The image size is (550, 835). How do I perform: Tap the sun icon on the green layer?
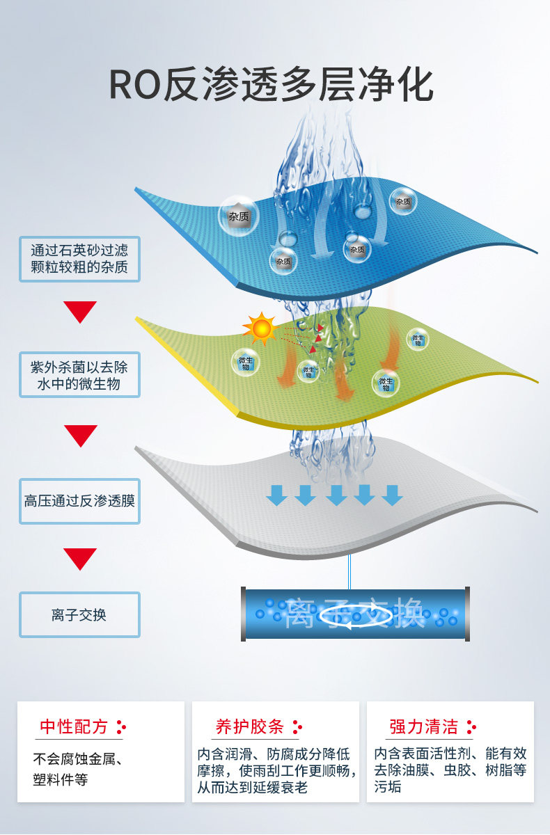(261, 328)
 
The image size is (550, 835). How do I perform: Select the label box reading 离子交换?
(79, 614)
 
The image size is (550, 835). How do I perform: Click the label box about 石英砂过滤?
(79, 258)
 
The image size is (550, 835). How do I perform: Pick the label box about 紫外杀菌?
(79, 375)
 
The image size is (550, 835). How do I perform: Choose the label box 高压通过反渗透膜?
(79, 500)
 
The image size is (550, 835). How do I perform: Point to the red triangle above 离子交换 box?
(80, 557)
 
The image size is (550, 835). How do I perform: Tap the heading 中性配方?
(74, 727)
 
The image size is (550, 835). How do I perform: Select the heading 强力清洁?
(424, 727)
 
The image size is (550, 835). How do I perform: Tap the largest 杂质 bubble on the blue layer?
(239, 216)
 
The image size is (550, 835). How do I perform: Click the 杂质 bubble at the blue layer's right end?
(404, 201)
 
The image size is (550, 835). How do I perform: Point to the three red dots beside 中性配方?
(122, 727)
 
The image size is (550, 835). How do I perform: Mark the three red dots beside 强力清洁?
(471, 727)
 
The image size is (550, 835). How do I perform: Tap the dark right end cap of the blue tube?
(467, 614)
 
